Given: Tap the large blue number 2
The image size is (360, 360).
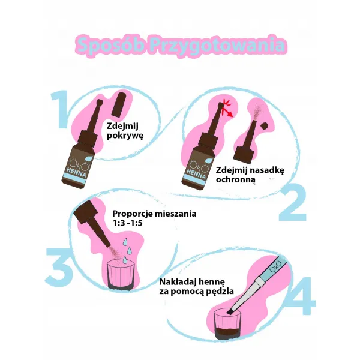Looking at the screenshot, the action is click(293, 202).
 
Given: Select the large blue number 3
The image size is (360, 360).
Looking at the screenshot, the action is click(59, 265).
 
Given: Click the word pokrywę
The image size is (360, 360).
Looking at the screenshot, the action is click(125, 136).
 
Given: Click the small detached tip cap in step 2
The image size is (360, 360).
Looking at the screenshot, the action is click(265, 126).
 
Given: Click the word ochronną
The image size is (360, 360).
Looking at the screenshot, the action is click(236, 179).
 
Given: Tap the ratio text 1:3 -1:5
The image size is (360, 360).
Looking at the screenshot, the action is click(128, 223).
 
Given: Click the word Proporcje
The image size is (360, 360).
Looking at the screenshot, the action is click(133, 214).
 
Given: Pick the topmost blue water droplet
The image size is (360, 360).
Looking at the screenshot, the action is click(125, 242).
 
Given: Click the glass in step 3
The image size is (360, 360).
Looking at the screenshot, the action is click(121, 275).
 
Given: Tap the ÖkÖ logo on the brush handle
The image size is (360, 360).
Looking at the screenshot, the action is click(275, 266).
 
